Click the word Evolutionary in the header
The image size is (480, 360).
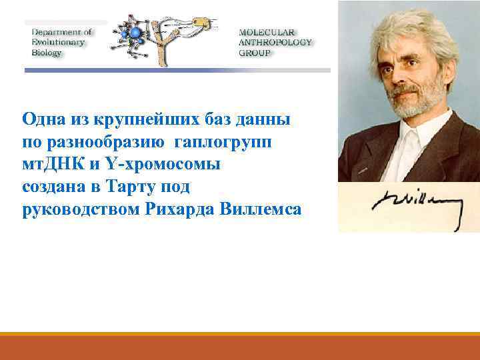tap(59, 42)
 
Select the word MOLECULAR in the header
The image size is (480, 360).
tap(265, 32)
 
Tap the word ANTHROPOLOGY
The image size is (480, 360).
tap(275, 43)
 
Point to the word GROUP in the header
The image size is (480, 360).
tap(255, 53)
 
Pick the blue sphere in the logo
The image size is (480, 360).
tap(137, 33)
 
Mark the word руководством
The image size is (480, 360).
tap(79, 209)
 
